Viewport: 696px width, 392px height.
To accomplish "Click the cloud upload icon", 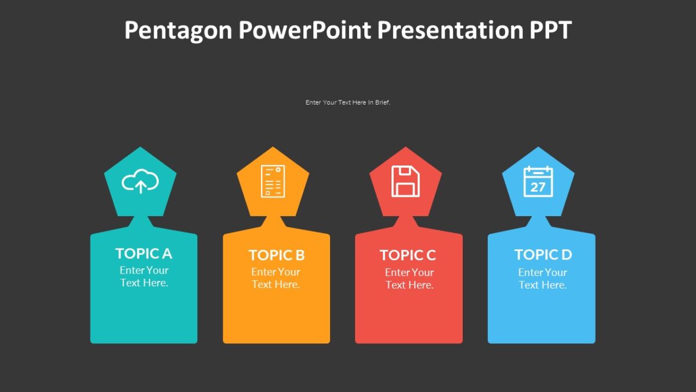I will [140, 181].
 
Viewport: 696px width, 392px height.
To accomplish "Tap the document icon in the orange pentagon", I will [273, 181].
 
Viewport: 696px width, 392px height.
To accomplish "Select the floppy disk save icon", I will [405, 181].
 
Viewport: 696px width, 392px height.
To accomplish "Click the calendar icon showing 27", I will [538, 182].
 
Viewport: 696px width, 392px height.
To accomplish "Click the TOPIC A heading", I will [144, 253].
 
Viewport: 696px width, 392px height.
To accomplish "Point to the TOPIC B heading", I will [277, 255].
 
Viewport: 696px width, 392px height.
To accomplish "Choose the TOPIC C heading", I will [408, 255].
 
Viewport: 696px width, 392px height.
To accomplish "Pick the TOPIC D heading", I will [543, 254].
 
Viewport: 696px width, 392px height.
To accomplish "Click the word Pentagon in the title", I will [177, 30].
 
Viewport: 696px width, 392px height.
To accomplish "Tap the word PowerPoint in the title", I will [304, 30].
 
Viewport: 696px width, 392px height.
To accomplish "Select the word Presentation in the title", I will [450, 30].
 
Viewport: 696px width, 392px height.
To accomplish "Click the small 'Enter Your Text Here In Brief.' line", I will [348, 102].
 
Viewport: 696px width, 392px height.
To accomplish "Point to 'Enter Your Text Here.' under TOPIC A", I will [144, 276].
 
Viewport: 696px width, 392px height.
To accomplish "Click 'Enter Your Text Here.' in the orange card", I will [276, 278].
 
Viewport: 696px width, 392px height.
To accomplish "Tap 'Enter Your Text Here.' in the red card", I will [409, 279].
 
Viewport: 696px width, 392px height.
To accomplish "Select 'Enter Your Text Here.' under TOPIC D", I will [542, 279].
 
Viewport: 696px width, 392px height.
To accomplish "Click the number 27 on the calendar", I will [538, 186].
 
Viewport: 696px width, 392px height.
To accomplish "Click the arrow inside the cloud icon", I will [140, 186].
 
